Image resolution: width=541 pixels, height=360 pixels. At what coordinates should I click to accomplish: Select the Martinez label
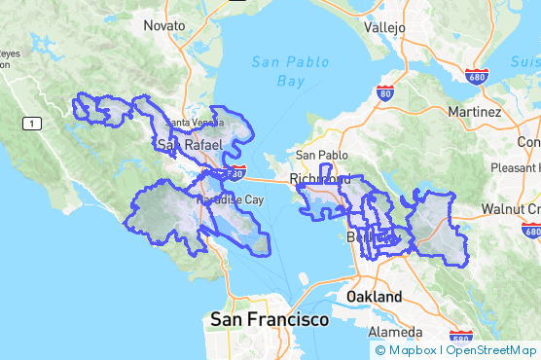474,112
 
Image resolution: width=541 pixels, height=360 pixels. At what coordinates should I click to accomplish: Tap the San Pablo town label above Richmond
320,155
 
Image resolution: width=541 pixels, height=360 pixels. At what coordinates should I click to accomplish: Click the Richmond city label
320,179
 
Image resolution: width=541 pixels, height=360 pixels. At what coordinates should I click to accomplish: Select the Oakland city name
374,296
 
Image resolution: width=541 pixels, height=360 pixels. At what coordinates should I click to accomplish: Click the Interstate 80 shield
384,94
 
